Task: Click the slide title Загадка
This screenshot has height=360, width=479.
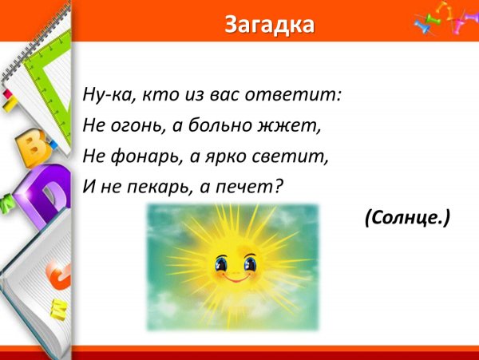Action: pyautogui.click(x=268, y=25)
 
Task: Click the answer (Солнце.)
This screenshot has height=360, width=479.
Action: pyautogui.click(x=407, y=216)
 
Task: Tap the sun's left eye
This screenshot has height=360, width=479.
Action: pyautogui.click(x=220, y=263)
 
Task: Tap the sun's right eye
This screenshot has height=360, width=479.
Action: pyautogui.click(x=249, y=263)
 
